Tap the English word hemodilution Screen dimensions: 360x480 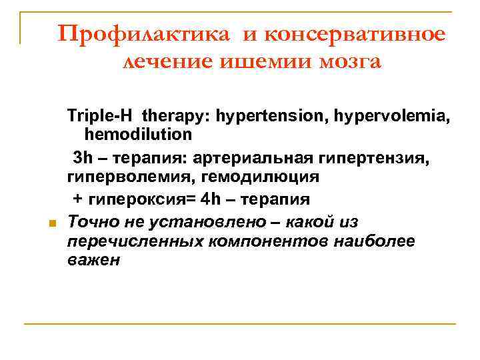tap(138, 135)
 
